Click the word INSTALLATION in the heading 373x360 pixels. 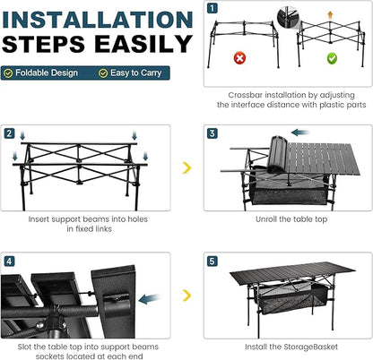pos(98,20)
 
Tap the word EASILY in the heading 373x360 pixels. pos(143,44)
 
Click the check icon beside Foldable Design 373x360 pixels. pos(8,73)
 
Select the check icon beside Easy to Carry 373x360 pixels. pos(103,73)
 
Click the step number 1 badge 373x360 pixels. pos(213,8)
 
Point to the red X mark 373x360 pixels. pos(239,58)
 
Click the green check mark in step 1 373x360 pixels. pos(332,58)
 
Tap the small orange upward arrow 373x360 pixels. pos(330,15)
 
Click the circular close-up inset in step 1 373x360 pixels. pos(288,17)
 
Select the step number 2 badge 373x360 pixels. pos(9,133)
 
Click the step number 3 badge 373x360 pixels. pos(213,133)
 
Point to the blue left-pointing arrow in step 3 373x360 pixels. pos(300,133)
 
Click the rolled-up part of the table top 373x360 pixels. pos(277,154)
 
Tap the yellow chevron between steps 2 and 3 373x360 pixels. pos(186,167)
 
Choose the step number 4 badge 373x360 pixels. pos(9,261)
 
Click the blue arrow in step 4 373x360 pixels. pos(149,298)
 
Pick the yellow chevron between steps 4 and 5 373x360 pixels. pos(186,296)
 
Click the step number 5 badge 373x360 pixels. pos(213,261)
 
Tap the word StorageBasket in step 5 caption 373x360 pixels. pos(310,347)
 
